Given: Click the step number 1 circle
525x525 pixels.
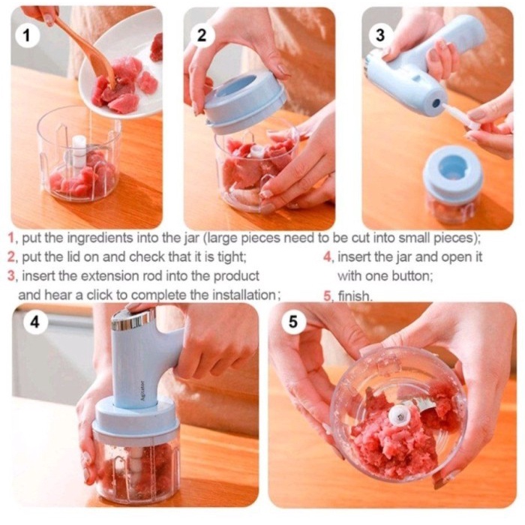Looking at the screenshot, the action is click(28, 35).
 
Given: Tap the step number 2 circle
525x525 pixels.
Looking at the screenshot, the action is click(202, 34).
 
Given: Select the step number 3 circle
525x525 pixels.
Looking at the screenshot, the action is click(380, 34).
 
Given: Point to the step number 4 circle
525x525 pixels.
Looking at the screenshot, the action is click(35, 322).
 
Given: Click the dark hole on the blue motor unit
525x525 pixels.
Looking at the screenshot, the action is click(436, 103).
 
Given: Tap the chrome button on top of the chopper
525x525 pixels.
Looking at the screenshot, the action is click(133, 317).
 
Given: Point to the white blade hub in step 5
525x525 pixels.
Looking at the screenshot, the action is click(400, 415).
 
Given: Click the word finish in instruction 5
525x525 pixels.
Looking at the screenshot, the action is click(355, 296).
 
